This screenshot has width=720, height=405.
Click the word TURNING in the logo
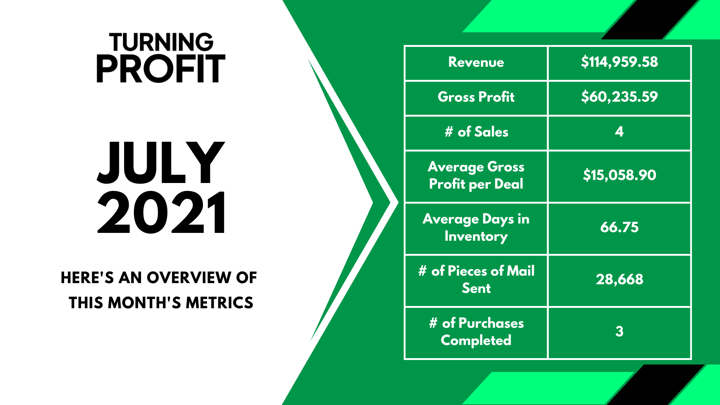[161, 42]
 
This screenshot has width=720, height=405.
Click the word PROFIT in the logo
[161, 69]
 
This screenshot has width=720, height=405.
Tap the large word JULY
[161, 163]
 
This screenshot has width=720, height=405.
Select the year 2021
[162, 212]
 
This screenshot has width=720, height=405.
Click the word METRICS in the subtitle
[219, 303]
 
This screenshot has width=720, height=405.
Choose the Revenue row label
[476, 62]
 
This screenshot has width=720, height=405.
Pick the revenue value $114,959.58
[619, 62]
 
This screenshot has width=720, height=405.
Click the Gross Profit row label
[476, 97]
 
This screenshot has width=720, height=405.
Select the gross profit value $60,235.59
[619, 97]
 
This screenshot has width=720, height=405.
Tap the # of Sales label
[476, 132]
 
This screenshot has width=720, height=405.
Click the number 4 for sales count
[619, 132]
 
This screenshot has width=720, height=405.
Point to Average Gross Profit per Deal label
[476, 175]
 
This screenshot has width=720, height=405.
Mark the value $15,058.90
[619, 175]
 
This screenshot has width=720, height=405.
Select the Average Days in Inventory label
[476, 228]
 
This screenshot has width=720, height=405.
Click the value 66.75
[619, 227]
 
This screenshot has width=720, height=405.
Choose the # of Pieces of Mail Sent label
[476, 279]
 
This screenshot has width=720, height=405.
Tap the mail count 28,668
[619, 279]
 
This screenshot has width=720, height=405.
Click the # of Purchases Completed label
[476, 332]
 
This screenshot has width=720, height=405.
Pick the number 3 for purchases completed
[619, 331]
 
